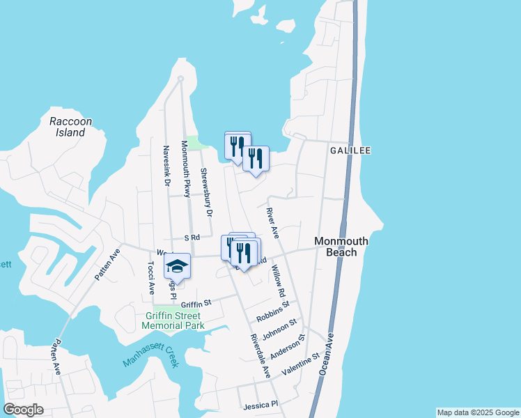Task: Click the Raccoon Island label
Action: point(70,127)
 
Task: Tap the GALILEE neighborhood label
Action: point(350,150)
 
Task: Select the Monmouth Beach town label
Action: point(341,247)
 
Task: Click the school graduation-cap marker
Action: point(177,268)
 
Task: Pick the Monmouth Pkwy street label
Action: point(186,169)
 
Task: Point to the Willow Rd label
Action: point(279,279)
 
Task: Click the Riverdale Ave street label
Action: point(260,355)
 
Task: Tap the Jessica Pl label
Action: point(260,405)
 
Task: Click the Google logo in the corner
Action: point(23,410)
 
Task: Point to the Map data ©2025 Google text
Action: point(478,412)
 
